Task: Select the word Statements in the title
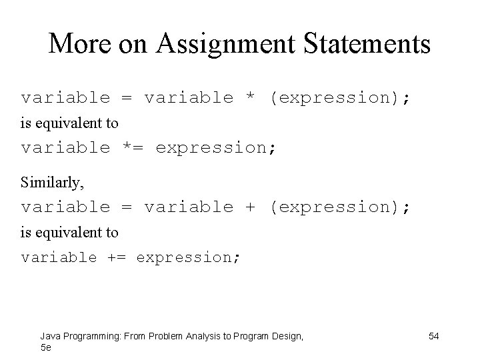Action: pos(369,44)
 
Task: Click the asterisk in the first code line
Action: pos(251,99)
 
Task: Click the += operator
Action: pos(117,257)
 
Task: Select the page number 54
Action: pos(433,336)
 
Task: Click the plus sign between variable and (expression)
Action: pos(251,207)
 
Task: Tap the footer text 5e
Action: pos(45,347)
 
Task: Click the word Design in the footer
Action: pos(285,336)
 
